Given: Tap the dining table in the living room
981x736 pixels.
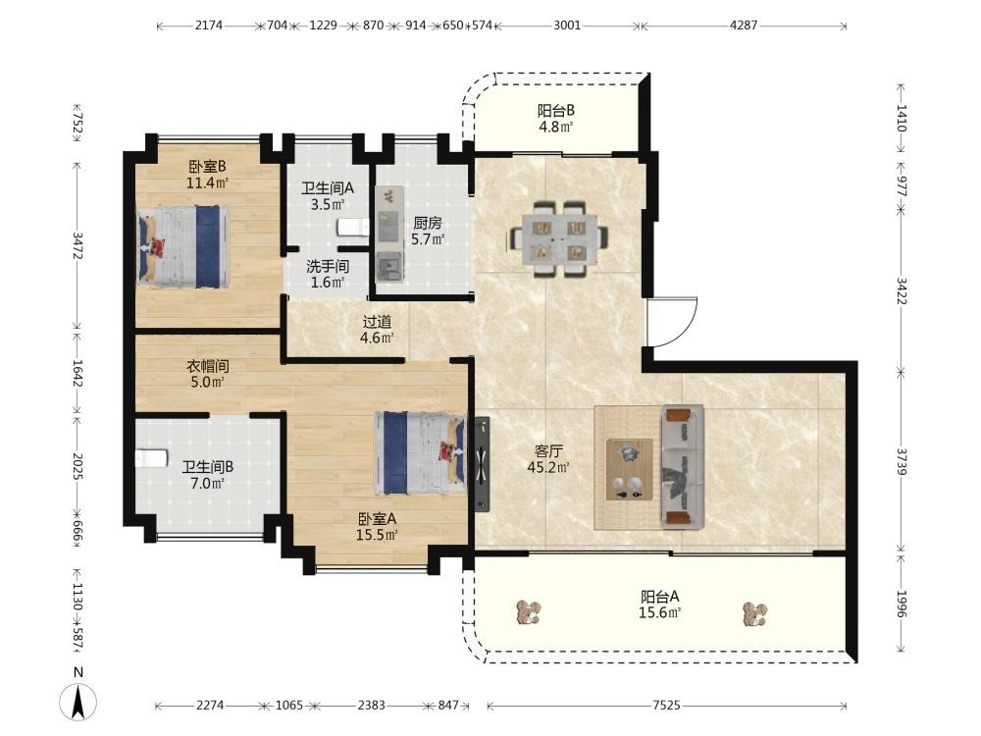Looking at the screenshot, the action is coord(559,238).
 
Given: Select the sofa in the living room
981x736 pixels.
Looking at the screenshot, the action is coord(683,467).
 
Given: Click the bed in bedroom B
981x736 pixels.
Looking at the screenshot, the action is coord(183,246).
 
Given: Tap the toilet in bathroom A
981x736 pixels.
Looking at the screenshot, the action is coord(353,228).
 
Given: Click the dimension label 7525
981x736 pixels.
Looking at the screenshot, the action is coord(666,706).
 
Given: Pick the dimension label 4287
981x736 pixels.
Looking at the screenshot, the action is coord(744,26).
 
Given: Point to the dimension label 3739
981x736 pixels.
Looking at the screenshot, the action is coord(902,461).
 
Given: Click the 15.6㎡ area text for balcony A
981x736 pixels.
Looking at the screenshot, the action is coord(659,612).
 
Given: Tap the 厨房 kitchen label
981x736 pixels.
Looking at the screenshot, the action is coord(428,223).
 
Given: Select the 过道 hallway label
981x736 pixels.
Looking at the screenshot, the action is coord(378,322).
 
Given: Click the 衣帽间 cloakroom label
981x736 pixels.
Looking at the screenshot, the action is coord(208,365).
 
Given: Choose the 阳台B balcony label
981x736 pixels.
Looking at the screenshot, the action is coord(555,111).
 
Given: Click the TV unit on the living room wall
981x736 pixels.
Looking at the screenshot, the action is coord(481,464).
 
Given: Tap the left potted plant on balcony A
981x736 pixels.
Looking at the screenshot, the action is coord(529,612).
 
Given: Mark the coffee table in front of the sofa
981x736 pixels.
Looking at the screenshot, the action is coord(629,469).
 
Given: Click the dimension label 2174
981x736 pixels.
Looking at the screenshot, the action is coord(208,26).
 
